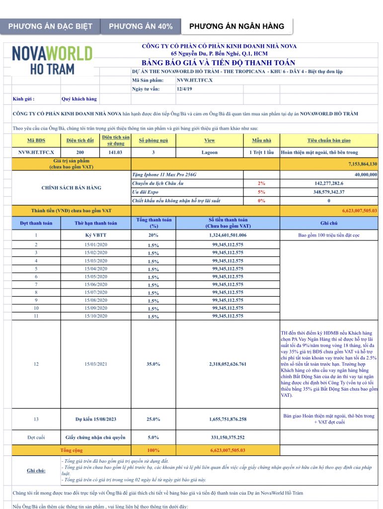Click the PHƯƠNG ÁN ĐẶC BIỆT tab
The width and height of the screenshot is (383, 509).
tap(50, 26)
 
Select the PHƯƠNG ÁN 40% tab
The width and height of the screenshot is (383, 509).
tap(141, 26)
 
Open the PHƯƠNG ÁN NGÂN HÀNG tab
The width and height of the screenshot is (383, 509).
tap(236, 26)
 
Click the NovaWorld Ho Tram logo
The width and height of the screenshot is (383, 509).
tap(52, 60)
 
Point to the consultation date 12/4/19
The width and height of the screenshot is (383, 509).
tap(184, 89)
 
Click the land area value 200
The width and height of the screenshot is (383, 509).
tap(80, 153)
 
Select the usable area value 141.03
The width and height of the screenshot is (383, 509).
tap(115, 153)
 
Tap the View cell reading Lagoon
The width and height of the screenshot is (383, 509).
tap(209, 153)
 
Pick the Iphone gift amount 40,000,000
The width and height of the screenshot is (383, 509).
tap(366, 174)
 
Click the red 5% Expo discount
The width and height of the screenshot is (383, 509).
tap(261, 192)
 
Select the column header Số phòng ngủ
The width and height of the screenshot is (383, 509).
tap(150, 141)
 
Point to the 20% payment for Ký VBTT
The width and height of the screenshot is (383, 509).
tap(153, 235)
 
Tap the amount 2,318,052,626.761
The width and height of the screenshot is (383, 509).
tap(228, 364)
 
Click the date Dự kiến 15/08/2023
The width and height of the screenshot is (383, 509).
tap(96, 419)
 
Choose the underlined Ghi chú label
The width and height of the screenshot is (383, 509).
tap(36, 470)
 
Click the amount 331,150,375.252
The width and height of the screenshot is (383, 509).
tap(228, 437)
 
